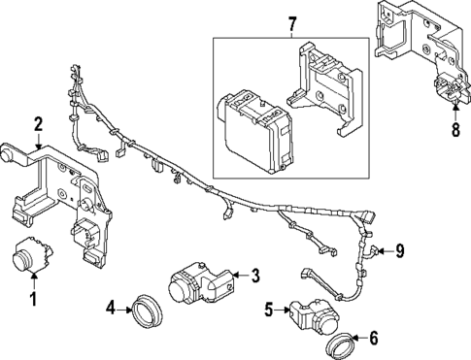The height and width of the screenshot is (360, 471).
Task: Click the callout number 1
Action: pos(34,299)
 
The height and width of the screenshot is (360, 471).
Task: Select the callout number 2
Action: pos(38,124)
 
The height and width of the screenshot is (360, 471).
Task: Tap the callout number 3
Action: pos(255,276)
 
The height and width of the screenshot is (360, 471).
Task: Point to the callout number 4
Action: pos(111,308)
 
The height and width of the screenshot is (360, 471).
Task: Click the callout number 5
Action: pos(269,311)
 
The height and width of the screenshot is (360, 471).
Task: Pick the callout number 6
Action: pos(374,339)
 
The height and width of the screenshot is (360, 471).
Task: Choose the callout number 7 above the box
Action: pos(291,24)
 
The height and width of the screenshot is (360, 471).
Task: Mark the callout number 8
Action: pos(455,130)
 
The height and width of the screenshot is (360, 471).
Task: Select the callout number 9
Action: pos(400,250)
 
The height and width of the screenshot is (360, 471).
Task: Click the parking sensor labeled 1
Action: pos(32,254)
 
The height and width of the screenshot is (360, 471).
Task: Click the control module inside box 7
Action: pos(254,131)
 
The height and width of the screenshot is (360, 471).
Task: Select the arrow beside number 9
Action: pos(387,250)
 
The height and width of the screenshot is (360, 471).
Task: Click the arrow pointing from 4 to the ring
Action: pos(123,311)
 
